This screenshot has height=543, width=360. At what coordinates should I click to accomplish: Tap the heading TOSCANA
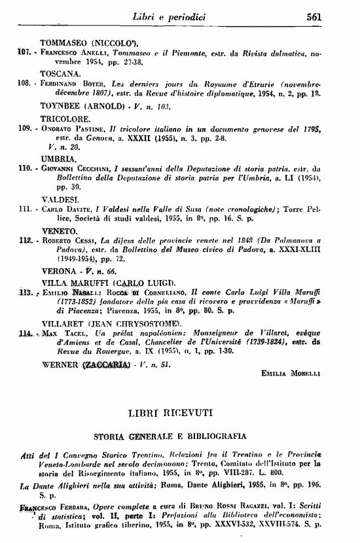point(61,75)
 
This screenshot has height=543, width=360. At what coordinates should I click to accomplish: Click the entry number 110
point(25,167)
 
